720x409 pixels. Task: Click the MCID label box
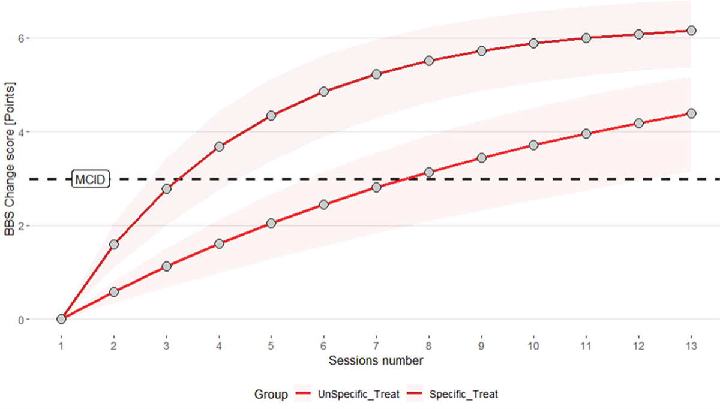point(91,179)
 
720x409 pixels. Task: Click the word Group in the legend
point(269,394)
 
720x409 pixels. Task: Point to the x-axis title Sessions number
point(376,360)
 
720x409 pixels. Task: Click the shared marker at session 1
point(61,319)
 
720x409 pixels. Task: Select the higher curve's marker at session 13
point(691,30)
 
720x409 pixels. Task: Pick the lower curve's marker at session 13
point(691,113)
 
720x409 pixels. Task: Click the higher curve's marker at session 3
point(166,189)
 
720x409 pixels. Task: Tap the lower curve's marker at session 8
point(429,172)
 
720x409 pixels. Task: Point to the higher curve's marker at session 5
point(271,115)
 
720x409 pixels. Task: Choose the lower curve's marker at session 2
point(114,292)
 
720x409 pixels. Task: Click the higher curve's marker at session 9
point(481,51)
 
